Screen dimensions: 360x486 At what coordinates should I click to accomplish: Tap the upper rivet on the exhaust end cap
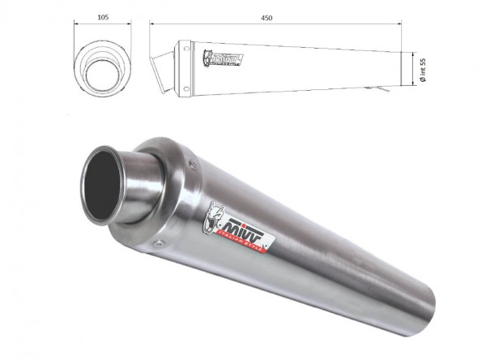[193, 165]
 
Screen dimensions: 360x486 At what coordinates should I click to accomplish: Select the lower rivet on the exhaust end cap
[159, 242]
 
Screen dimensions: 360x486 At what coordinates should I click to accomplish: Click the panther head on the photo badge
[217, 217]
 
